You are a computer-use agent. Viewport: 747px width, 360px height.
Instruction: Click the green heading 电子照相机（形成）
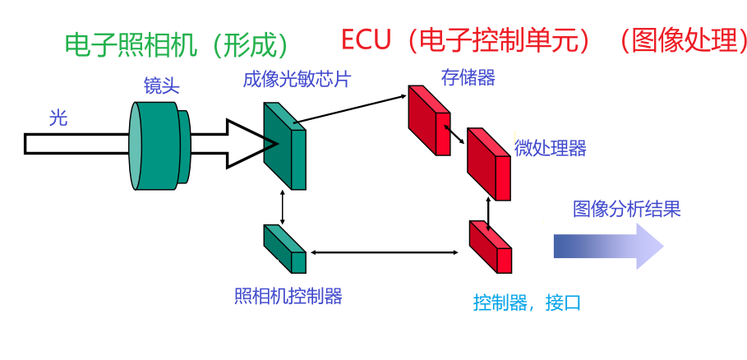pyautogui.click(x=177, y=44)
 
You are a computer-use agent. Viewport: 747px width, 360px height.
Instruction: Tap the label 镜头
pyautogui.click(x=161, y=85)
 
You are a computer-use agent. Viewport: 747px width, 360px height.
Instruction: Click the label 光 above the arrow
pyautogui.click(x=58, y=118)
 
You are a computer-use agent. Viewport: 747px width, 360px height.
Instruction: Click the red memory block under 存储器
pyautogui.click(x=428, y=119)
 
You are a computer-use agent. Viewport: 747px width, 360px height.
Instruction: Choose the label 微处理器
pyautogui.click(x=550, y=148)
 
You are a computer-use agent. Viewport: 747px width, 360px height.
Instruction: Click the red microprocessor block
pyautogui.click(x=488, y=164)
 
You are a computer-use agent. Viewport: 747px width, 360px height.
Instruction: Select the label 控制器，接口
pyautogui.click(x=526, y=302)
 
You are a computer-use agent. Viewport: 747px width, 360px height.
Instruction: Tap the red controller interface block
pyautogui.click(x=490, y=246)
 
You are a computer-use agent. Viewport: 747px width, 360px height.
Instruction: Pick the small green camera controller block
pyautogui.click(x=284, y=248)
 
